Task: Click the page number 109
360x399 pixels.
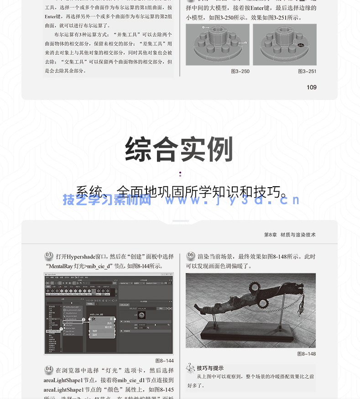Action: point(311,87)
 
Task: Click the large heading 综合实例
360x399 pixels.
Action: point(179,149)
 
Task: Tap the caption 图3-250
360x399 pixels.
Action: point(240,71)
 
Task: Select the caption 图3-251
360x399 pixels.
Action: point(307,71)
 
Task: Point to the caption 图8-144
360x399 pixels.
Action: point(164,361)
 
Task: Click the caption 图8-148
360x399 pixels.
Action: point(306,354)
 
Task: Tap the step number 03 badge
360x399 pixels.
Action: point(49,256)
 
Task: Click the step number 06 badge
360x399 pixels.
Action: point(191,256)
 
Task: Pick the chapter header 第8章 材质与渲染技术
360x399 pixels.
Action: point(290,235)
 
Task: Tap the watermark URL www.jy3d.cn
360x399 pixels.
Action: point(232,200)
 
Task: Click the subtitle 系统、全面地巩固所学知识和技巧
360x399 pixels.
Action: point(182,192)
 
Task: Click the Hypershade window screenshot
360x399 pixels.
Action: point(109,313)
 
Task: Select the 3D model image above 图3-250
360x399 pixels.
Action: point(217,44)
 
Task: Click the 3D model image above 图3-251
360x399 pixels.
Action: point(284,44)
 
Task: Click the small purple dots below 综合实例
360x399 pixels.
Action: point(180,173)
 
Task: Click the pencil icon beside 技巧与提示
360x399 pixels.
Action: point(191,367)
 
